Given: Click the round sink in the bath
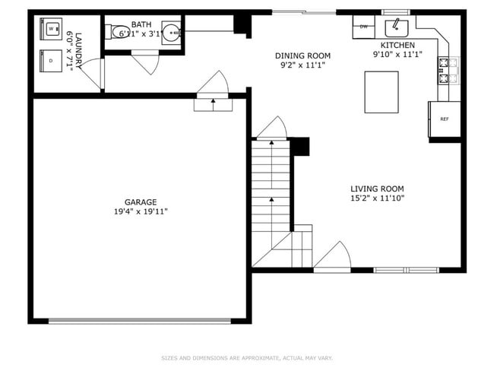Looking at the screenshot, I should point(172,32).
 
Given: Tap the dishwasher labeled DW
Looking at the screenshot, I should point(364,27).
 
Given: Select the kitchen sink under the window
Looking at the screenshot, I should point(396,29).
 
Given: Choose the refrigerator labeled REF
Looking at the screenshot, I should point(445,119).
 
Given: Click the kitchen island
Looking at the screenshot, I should point(382,91).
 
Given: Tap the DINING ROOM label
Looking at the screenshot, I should point(302,55).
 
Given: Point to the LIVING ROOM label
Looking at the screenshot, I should point(377,189).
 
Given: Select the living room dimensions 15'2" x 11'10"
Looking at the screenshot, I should point(377,198).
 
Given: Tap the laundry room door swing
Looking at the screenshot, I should point(92,73).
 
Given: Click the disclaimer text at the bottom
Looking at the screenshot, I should point(247,357).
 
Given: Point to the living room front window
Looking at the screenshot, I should point(406,269).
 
